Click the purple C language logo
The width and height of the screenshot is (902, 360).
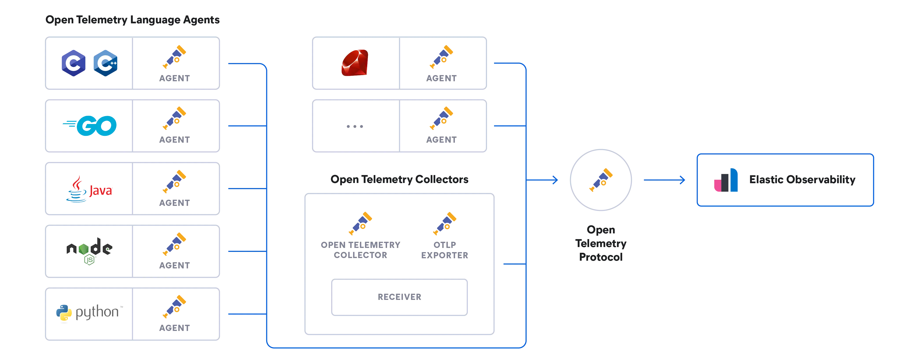tap(74, 63)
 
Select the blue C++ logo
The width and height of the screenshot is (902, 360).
tap(105, 63)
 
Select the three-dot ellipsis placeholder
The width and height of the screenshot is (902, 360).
tap(354, 126)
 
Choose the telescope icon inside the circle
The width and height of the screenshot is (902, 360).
tap(601, 180)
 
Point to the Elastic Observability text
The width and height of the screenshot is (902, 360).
tap(802, 180)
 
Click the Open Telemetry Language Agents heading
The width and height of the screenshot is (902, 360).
tap(133, 20)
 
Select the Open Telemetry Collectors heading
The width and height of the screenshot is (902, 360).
tap(399, 179)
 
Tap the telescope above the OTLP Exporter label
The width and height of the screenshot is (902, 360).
tap(445, 223)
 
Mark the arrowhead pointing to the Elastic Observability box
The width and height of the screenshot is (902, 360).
tap(683, 180)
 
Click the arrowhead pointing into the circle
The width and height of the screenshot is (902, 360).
tap(555, 180)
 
